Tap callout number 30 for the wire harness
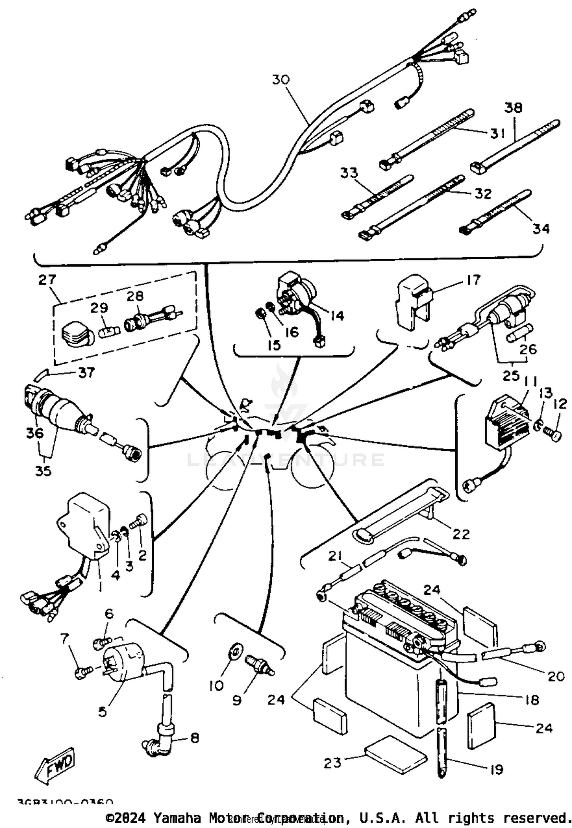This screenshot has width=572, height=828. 281,80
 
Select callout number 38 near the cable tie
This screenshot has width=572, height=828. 513,108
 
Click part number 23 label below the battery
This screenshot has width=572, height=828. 333,763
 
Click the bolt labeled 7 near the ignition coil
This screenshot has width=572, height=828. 84,675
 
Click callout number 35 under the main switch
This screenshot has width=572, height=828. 43,471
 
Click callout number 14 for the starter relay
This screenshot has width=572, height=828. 337,316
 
